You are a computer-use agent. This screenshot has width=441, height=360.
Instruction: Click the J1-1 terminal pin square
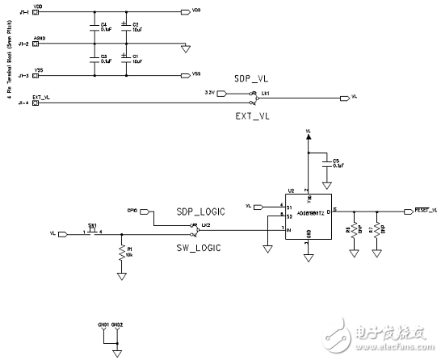[36, 13]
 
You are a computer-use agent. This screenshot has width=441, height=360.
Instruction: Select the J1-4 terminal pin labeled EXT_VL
[36, 103]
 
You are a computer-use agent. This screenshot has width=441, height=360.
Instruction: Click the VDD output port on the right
[187, 13]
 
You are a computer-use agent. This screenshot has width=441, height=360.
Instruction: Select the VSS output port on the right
[187, 75]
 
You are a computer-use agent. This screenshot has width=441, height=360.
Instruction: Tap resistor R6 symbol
[353, 230]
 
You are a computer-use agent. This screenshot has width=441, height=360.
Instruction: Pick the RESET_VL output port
[408, 211]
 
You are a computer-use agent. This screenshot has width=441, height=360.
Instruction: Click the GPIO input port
[146, 212]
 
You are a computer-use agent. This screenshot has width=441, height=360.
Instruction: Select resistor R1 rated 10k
[121, 253]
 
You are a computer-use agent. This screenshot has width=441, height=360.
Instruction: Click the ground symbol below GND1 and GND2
[118, 353]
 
